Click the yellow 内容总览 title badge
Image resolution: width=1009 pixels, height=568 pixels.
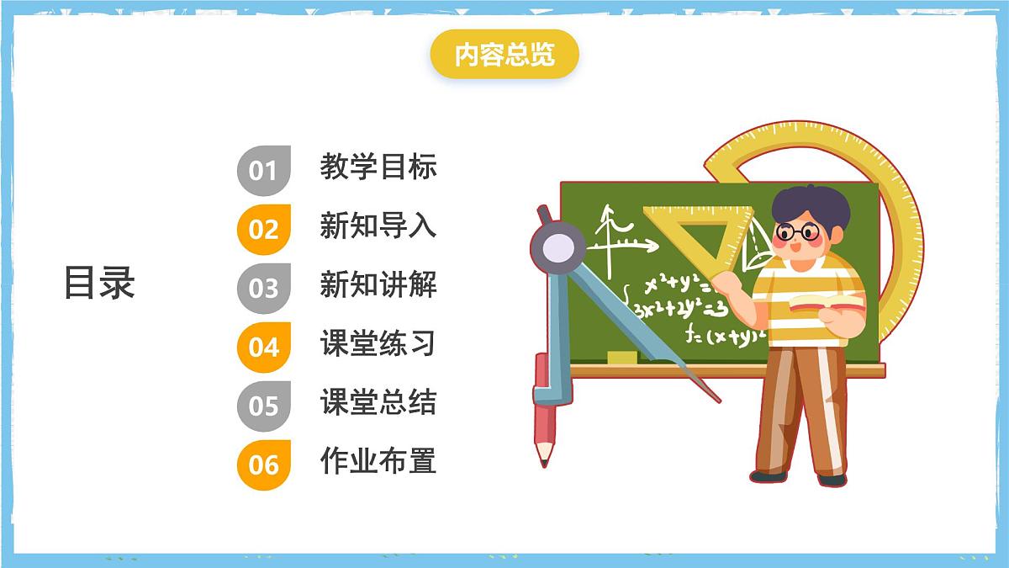pos(504,56)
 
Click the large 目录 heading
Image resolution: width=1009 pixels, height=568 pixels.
pos(99,284)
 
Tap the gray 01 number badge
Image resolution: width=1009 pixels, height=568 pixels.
pos(263,170)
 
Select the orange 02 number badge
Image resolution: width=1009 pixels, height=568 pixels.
pos(263,229)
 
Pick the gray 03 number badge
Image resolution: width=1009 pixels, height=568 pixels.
pos(263,288)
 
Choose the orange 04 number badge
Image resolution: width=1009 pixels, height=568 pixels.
pos(263,347)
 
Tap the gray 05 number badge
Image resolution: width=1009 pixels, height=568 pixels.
pos(263,406)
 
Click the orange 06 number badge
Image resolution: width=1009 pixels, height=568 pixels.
pos(263,464)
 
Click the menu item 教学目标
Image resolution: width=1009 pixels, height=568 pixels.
pos(378,167)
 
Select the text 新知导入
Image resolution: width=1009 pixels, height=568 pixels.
pos(378,226)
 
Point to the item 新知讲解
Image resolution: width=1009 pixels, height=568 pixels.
pos(378,284)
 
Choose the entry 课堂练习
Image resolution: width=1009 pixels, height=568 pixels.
pos(378,343)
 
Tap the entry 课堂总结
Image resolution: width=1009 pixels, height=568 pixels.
pos(378,402)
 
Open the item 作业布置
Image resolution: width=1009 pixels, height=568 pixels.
pos(378,461)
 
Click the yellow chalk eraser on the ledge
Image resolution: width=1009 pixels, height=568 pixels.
pos(621,358)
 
